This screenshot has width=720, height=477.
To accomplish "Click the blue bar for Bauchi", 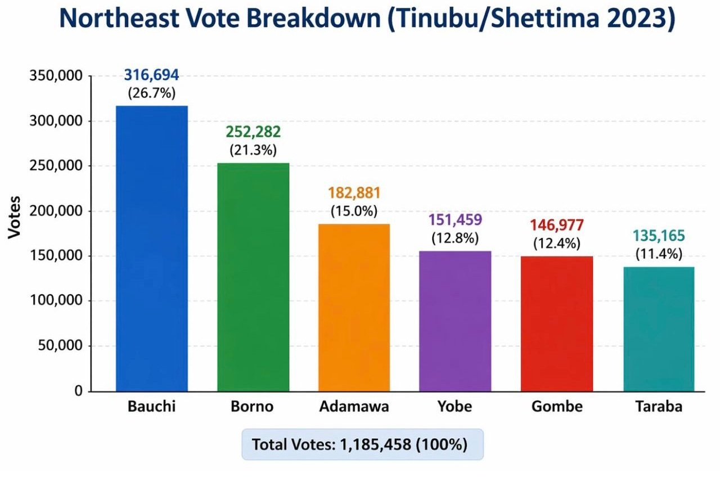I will [151, 248].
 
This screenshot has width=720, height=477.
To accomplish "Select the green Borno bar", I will [253, 277].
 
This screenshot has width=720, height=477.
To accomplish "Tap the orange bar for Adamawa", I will [354, 307].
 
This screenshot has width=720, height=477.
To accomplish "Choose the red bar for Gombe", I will [556, 323].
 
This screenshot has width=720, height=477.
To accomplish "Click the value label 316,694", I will [151, 75].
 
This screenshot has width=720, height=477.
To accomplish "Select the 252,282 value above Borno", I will [253, 132].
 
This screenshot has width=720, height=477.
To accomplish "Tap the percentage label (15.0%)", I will [354, 211].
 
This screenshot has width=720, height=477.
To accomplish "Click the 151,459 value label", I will [455, 220].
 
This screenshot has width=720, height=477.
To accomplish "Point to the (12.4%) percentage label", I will [556, 245].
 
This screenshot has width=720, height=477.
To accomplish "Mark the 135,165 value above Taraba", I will [658, 236].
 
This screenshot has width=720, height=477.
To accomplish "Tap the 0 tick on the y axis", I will [79, 391].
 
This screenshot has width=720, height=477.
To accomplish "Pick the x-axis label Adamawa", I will [354, 407].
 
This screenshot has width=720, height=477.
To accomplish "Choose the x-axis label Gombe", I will [556, 407].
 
